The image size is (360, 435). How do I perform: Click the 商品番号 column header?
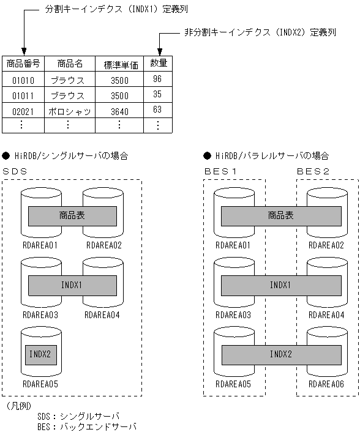(23, 63)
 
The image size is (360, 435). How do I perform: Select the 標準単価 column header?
(119, 64)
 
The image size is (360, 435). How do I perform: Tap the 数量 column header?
(157, 63)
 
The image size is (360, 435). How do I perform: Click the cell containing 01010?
(23, 80)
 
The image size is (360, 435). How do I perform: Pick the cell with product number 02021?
(23, 111)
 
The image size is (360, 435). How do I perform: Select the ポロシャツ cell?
(69, 111)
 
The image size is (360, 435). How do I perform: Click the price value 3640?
(119, 111)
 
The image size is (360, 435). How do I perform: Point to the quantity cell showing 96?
(157, 79)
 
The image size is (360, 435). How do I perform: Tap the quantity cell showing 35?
(157, 95)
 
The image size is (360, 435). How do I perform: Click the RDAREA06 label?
(326, 384)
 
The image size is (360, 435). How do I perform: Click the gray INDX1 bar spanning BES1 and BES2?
(281, 285)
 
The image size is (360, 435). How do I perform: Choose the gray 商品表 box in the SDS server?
(72, 216)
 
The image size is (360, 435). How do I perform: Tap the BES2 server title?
(313, 171)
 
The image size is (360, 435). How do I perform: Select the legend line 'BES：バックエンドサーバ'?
(86, 426)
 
